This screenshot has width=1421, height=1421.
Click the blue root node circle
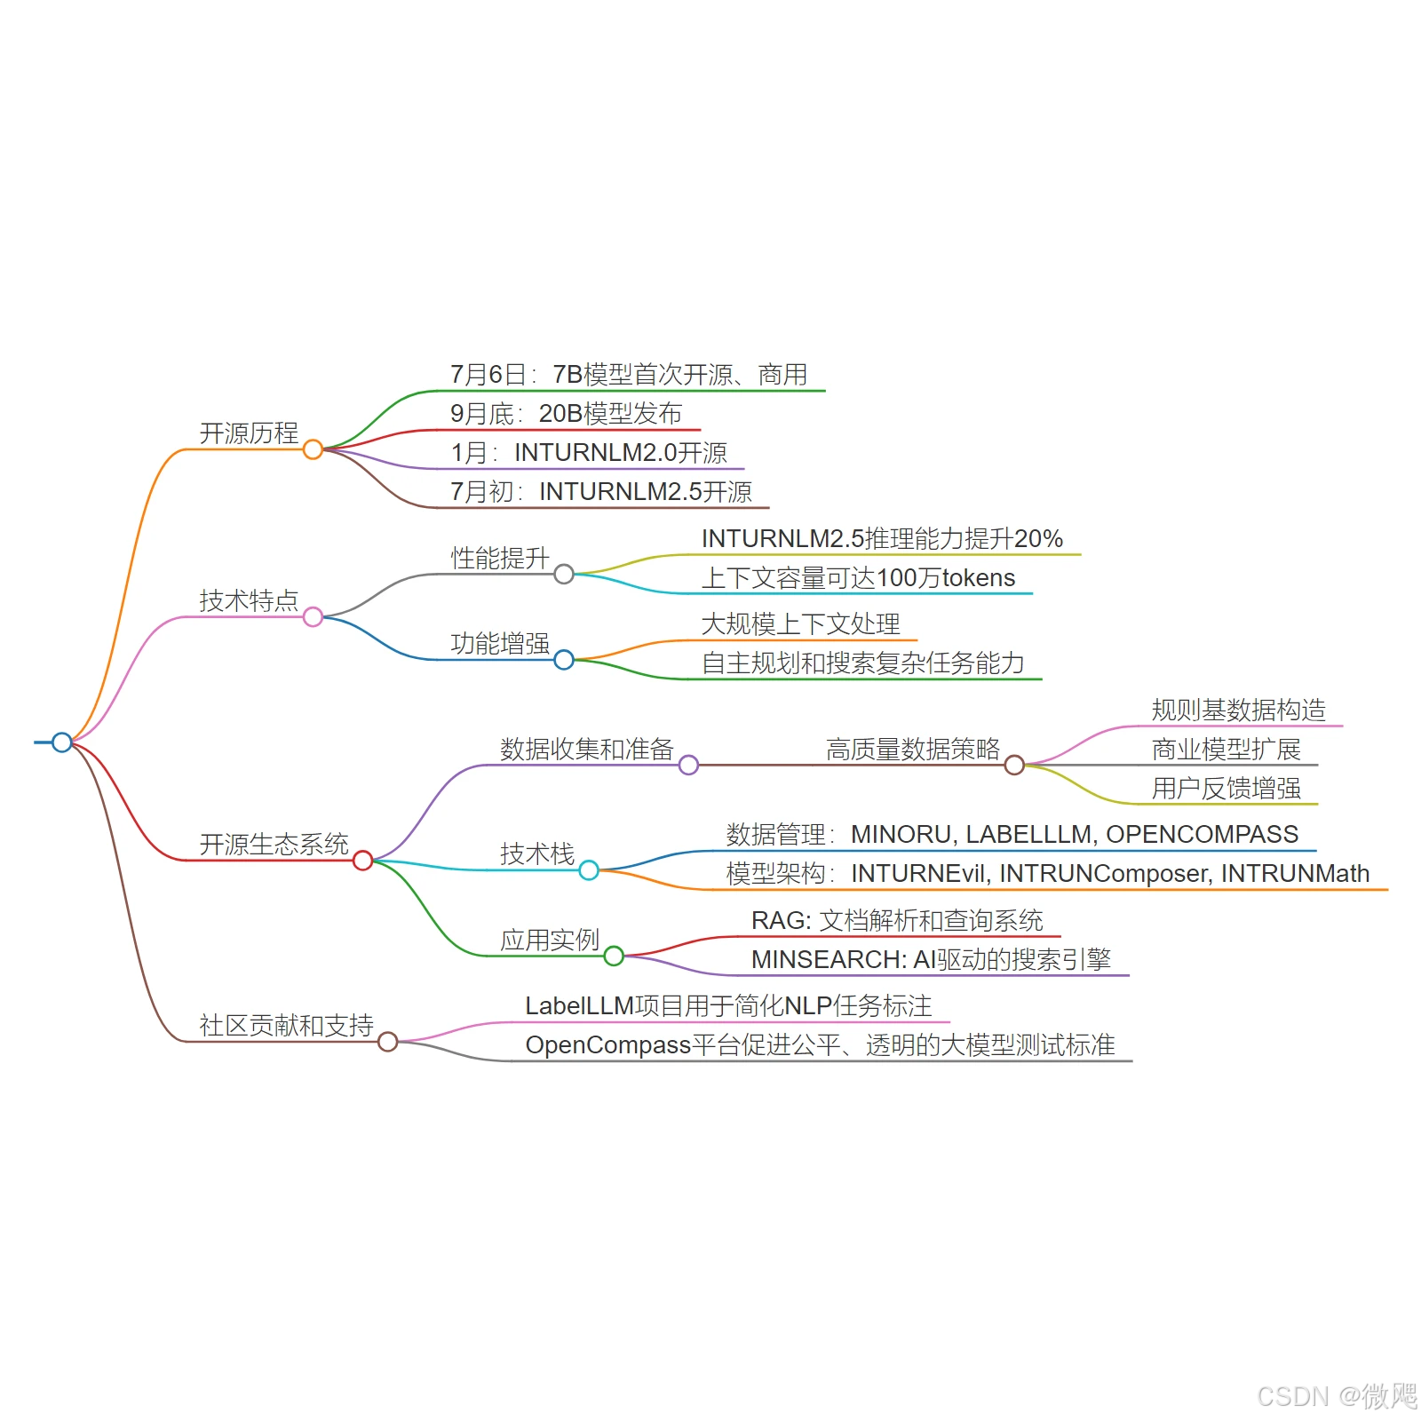(x=61, y=742)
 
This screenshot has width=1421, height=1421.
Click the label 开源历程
(x=249, y=433)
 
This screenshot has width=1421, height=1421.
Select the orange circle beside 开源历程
(x=313, y=449)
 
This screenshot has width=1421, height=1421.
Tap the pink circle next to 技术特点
(x=313, y=616)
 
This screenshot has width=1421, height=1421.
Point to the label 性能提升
(x=500, y=558)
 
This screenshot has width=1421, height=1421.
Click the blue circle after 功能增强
(x=564, y=660)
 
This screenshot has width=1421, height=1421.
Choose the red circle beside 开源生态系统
(x=362, y=860)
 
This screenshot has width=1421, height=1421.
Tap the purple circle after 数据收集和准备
(x=688, y=765)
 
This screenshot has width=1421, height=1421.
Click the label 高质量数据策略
(x=913, y=749)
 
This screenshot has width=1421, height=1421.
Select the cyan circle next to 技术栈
(x=589, y=870)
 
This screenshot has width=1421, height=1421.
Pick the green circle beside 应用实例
(x=614, y=956)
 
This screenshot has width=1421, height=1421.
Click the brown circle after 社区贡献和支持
(x=387, y=1042)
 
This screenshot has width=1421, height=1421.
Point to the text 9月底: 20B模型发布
(x=566, y=413)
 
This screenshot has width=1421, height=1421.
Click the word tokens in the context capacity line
(x=978, y=578)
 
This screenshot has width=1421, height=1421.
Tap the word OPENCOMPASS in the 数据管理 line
(x=1202, y=834)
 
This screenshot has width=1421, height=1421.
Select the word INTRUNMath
(x=1295, y=873)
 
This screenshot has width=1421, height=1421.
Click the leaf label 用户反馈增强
(x=1226, y=788)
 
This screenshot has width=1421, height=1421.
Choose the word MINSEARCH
(x=825, y=959)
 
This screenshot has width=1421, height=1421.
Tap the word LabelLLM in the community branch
(x=579, y=1005)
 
